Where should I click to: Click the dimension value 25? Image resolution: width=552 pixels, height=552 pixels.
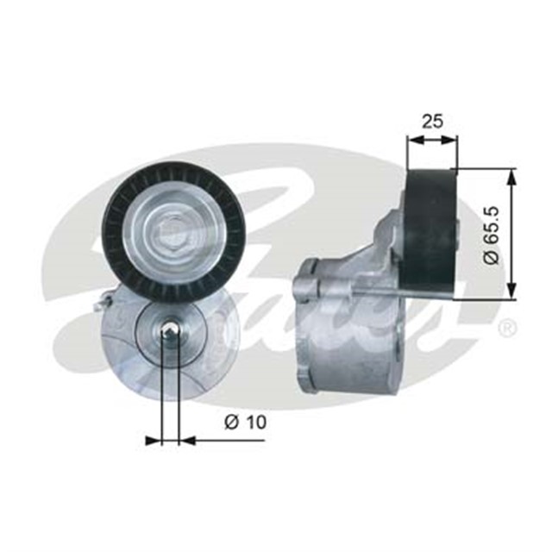click(x=431, y=121)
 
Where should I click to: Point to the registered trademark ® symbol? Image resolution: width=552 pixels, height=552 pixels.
click(x=508, y=329)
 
